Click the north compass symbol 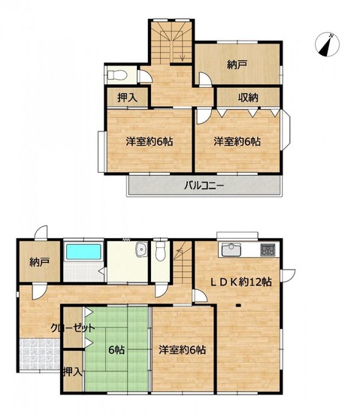click(x=327, y=44)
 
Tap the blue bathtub click(x=83, y=252)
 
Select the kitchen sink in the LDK click(x=231, y=249)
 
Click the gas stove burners click(x=268, y=249)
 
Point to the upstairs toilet click(x=117, y=75)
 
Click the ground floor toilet click(x=160, y=251)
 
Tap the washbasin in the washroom click(x=141, y=249)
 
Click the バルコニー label click(x=204, y=186)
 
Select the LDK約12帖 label click(x=241, y=282)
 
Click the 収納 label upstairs click(x=248, y=98)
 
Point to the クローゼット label click(x=73, y=328)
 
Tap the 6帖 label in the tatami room click(x=116, y=350)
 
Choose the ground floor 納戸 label click(x=39, y=262)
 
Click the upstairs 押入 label click(x=127, y=98)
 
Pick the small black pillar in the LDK click(x=238, y=306)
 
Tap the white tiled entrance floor click(x=40, y=355)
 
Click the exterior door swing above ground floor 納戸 click(x=41, y=232)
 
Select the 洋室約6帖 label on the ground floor click(x=182, y=350)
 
